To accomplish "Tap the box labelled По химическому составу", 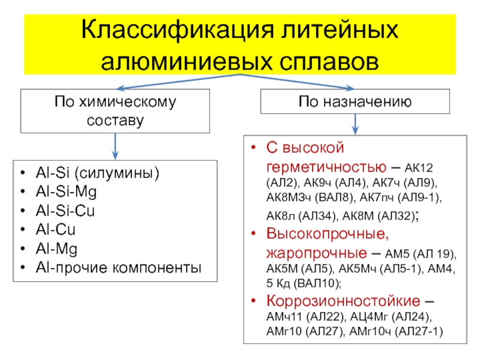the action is click(x=116, y=110).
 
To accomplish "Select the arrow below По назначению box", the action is click(x=355, y=124).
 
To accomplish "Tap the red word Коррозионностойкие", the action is click(x=344, y=300).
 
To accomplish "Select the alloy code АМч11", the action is click(x=284, y=316).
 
